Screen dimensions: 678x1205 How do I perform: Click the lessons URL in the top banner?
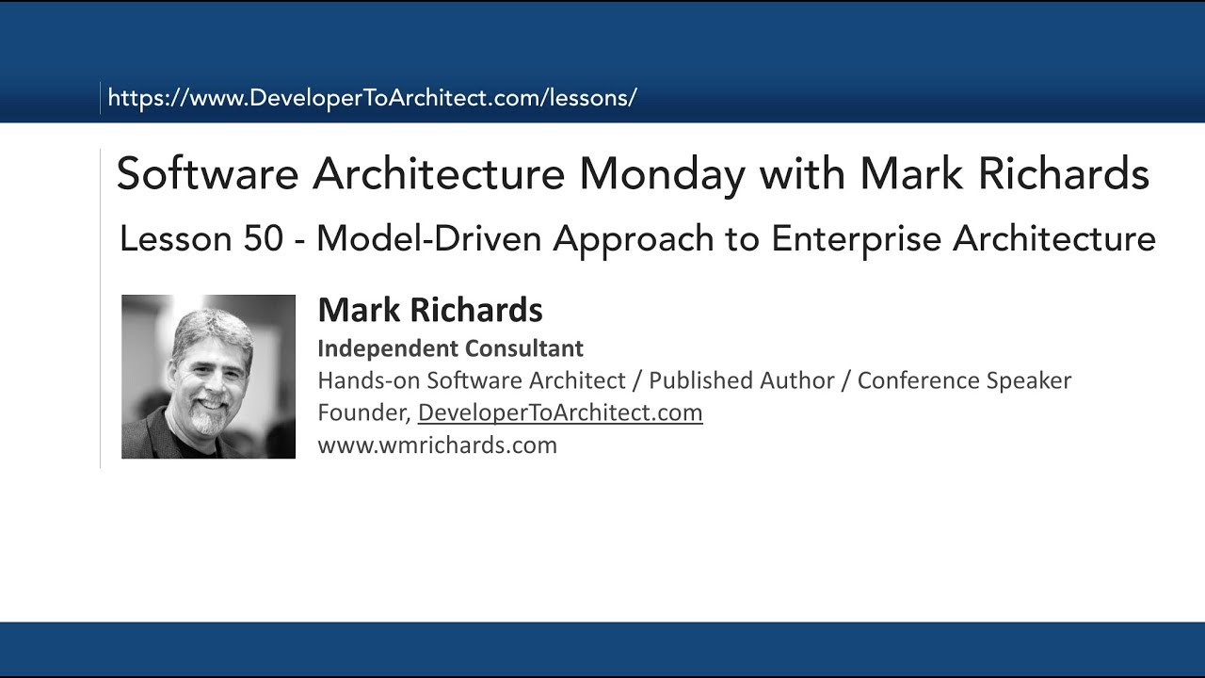[x=372, y=98]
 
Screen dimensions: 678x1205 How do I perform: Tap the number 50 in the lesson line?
[x=263, y=239]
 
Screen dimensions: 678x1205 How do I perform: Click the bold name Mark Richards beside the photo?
[x=430, y=310]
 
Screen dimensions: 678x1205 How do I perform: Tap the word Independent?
[x=380, y=348]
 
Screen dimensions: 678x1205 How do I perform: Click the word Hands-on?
[x=368, y=380]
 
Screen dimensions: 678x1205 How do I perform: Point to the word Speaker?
[x=1028, y=380]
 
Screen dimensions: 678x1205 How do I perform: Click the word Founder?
[x=361, y=412]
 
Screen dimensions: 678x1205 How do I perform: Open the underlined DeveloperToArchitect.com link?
[x=560, y=412]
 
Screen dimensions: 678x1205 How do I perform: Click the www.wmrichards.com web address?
[x=437, y=444]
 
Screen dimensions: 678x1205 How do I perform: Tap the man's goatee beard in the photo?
[x=209, y=418]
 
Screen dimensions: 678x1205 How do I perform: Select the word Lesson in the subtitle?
[x=176, y=239]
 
